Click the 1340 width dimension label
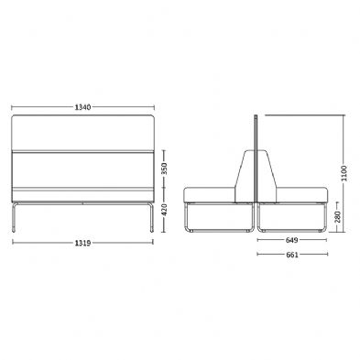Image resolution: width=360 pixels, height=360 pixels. point(82,107)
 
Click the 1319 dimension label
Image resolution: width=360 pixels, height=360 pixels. point(82,243)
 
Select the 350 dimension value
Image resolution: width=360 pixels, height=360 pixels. point(164,169)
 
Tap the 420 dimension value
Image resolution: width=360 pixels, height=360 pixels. point(164,210)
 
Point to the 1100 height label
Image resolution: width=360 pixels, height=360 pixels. point(344,173)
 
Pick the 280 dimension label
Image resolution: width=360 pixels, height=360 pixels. point(338,217)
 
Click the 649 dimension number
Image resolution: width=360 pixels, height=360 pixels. point(291,240)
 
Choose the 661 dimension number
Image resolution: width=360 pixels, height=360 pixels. point(292,255)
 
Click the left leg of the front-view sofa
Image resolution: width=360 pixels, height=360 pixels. point(14,217)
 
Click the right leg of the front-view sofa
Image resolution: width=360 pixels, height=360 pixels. point(151,217)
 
